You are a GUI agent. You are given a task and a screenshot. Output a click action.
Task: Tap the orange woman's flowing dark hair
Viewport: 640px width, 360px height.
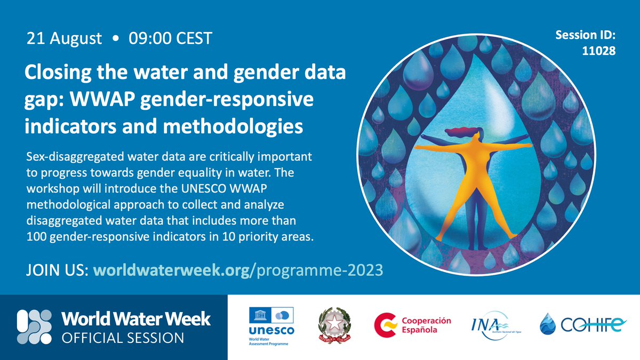458,131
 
